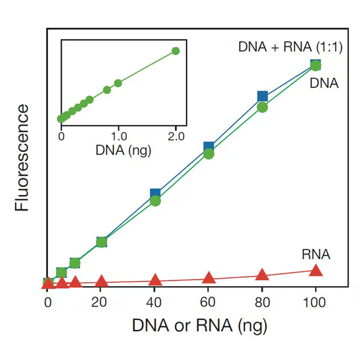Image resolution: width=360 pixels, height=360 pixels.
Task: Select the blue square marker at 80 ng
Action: (x=262, y=96)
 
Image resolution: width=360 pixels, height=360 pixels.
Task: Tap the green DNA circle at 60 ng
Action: (x=209, y=154)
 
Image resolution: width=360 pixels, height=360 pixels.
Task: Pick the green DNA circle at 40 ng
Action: (x=155, y=200)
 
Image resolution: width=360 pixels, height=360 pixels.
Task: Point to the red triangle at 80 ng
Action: (x=262, y=275)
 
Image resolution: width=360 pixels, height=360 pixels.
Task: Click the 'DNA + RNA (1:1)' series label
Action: (x=290, y=47)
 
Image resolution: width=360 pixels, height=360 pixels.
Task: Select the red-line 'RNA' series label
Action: (x=316, y=254)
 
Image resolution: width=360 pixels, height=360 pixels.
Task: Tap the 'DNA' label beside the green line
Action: (x=324, y=83)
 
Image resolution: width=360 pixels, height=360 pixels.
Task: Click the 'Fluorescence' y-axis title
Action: (x=22, y=157)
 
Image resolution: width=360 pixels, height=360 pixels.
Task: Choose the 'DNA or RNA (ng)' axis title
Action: (x=199, y=326)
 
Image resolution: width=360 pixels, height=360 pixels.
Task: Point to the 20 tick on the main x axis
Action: (x=101, y=303)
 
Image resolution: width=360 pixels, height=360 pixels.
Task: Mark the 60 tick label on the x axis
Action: (x=209, y=303)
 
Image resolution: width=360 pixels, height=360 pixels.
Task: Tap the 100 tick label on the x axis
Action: (x=316, y=303)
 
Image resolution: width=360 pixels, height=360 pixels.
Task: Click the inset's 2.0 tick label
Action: (x=176, y=136)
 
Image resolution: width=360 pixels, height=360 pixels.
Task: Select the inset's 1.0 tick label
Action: (x=118, y=136)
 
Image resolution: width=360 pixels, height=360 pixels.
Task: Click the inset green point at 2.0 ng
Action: (x=176, y=51)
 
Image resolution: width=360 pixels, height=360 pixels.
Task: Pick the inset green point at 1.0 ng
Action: (x=118, y=83)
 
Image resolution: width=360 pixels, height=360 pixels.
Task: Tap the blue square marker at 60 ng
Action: (x=209, y=147)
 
